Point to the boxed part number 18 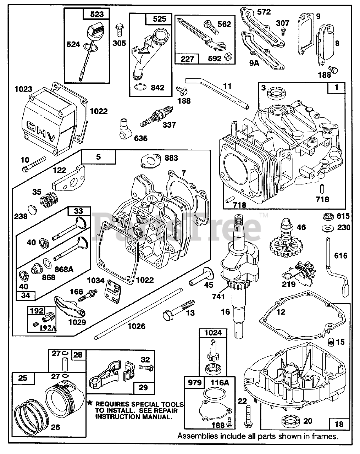[x=339, y=424]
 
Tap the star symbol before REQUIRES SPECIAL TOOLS [x=90, y=403]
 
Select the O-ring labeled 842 [x=140, y=87]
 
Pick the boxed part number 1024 [x=213, y=332]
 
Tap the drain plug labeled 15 [x=331, y=342]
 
